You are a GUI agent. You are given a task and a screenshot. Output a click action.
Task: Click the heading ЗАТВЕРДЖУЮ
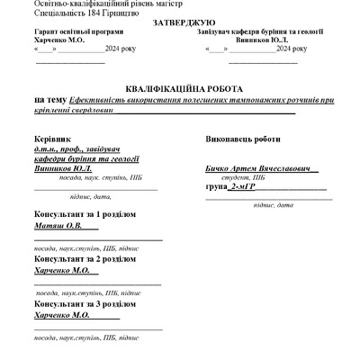(x=177, y=22)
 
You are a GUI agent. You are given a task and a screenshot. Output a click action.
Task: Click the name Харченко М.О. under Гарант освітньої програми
(x=58, y=40)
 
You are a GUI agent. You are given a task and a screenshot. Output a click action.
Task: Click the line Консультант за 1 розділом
(x=85, y=215)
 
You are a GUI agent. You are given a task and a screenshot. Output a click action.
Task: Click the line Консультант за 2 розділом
(x=85, y=258)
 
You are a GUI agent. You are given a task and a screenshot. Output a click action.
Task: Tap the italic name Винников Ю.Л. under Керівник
(x=63, y=168)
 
